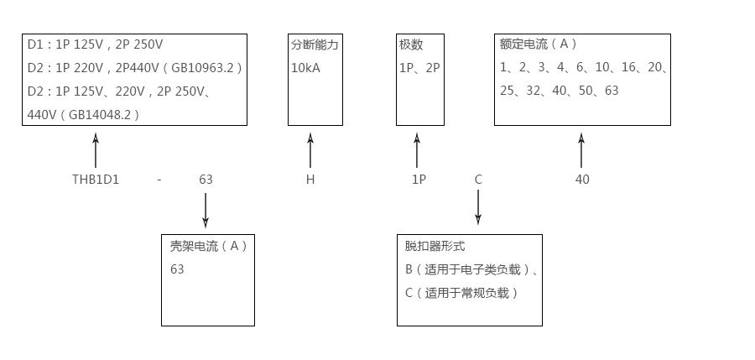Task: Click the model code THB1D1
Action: pos(96,180)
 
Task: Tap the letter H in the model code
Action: pos(310,180)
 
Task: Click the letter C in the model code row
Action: pos(478,180)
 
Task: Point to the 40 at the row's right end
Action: pos(582,180)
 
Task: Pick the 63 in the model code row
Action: pos(206,180)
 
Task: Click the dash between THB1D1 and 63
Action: pos(159,180)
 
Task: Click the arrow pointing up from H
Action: pos(310,151)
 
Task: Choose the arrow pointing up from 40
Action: pos(581,151)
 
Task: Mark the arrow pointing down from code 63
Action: pos(206,210)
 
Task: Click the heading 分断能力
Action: pos(315,44)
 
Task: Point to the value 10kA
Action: pos(305,68)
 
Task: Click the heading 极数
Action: pos(411,44)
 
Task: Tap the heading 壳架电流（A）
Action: pos(209,246)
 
